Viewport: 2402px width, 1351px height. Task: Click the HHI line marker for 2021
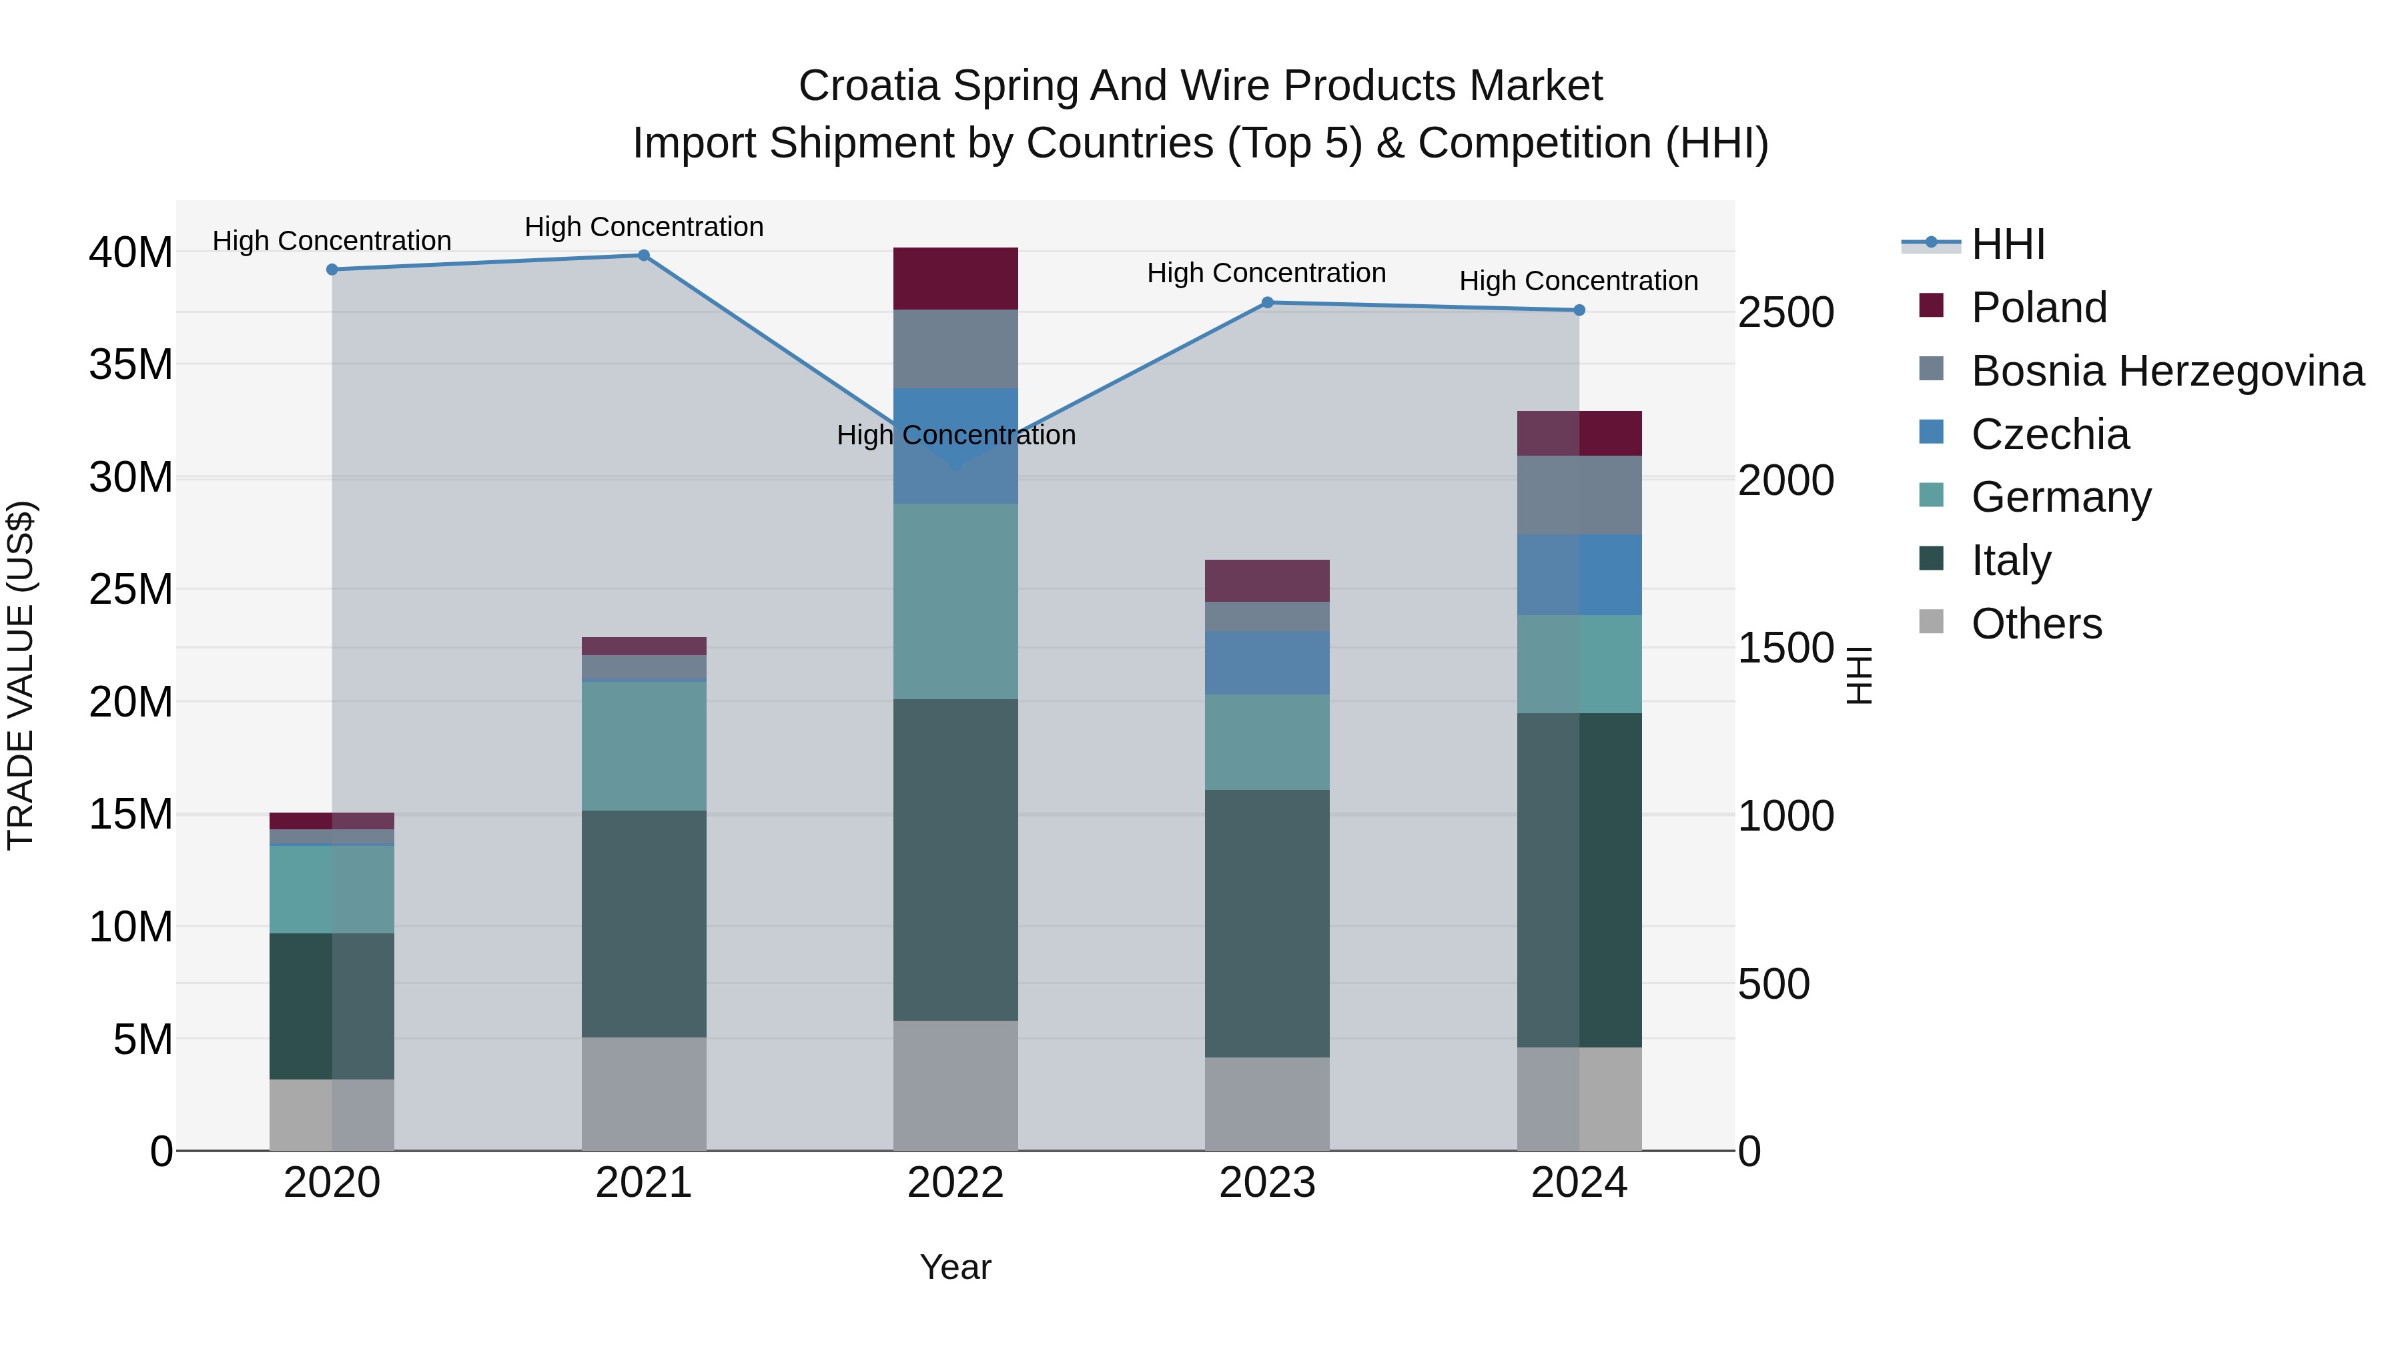643,256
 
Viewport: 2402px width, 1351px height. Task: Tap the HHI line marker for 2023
1267,303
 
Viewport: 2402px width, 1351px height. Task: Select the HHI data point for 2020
332,270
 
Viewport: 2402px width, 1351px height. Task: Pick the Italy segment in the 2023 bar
1266,923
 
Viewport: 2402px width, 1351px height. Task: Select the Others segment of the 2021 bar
643,1093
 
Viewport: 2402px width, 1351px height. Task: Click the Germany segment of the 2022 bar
955,601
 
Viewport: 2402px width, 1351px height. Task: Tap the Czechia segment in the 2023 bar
1266,663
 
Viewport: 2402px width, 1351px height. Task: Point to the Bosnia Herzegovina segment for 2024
1579,495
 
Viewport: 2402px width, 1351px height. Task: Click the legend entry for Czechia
2050,434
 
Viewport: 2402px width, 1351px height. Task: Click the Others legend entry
2036,624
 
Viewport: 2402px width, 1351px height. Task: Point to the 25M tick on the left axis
131,589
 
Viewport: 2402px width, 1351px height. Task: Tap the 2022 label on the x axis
955,1183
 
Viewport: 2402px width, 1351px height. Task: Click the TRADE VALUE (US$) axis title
21,675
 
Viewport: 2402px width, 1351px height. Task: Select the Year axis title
955,1267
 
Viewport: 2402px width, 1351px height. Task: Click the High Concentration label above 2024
1578,281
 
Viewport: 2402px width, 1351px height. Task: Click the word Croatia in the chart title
868,86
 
